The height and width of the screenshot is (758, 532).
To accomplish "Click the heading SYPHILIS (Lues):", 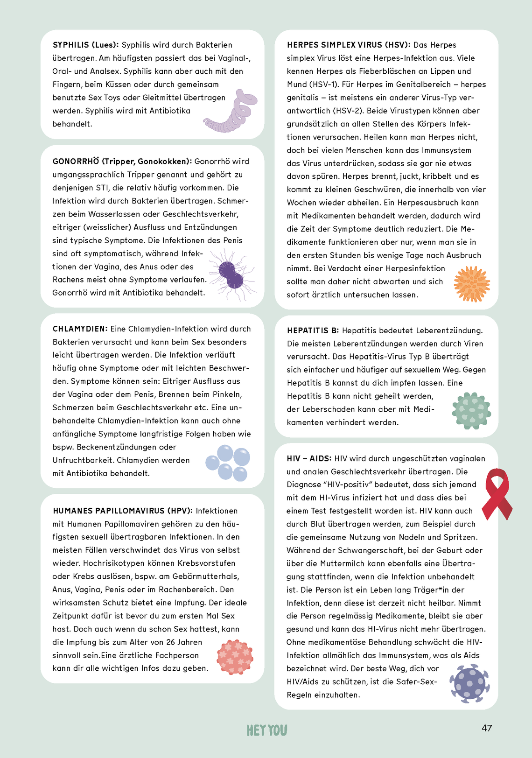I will coord(86,45).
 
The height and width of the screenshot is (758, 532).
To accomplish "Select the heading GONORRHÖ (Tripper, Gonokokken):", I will coord(122,161).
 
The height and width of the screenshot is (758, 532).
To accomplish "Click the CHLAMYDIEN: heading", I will coord(80,329).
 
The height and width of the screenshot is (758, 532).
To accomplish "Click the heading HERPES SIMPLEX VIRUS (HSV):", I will coord(349,45).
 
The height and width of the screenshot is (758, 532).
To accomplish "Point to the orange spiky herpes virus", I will coord(472,284).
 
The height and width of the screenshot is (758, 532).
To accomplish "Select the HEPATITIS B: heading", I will coord(313,331).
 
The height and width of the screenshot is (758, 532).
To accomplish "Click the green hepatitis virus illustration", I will coord(471,411).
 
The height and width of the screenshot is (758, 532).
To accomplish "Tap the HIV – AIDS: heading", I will coord(309,459).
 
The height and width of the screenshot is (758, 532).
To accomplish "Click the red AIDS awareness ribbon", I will coord(497,494).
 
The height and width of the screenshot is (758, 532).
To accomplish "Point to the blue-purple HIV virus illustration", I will coord(469,683).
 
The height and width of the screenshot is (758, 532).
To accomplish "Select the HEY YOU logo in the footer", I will coord(267,730).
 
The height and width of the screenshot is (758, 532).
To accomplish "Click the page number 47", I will coord(487,728).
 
